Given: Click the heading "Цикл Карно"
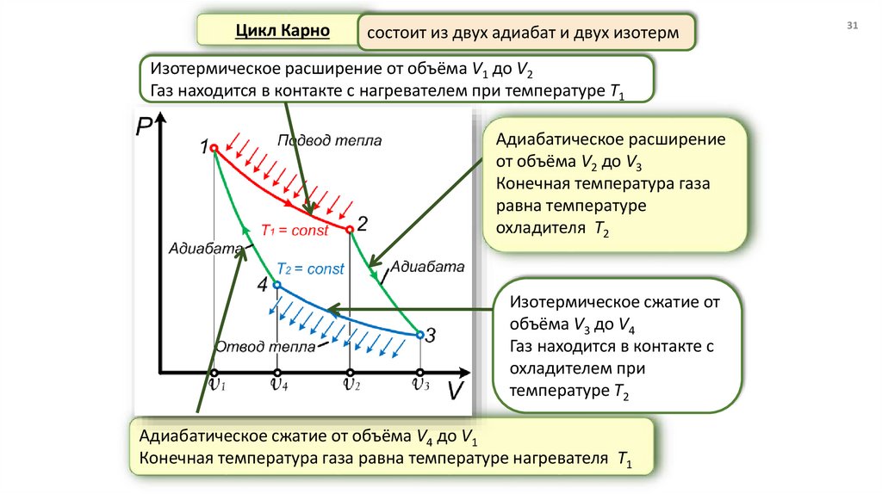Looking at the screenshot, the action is pos(283,31).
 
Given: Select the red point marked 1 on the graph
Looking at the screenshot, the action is pos(214,149).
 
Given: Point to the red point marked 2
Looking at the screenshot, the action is pos(349,230).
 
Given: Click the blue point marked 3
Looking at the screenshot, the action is pos(419,334).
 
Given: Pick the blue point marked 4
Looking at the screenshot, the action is pos(276,285).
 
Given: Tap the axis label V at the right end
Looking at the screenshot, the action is pos(456,392).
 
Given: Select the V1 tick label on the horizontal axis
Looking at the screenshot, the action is pos(216,385).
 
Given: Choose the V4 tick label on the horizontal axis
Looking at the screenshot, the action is pos(279,385).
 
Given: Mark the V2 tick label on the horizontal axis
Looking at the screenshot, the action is pos(351,385).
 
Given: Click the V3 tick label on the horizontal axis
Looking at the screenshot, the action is pos(420,385).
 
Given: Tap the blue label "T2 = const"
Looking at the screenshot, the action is pos(310,269).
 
